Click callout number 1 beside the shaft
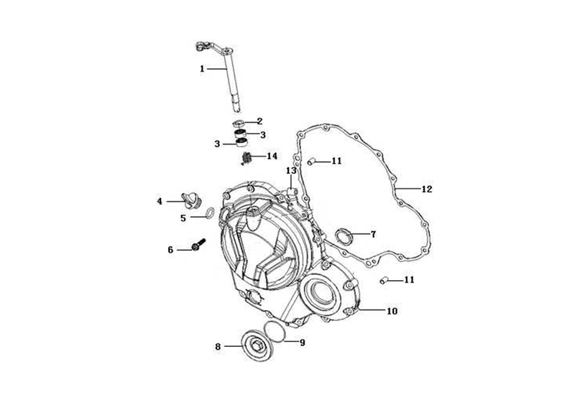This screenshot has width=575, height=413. tap(202, 68)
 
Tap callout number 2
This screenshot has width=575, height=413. tap(259, 121)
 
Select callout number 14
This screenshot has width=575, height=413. tap(272, 156)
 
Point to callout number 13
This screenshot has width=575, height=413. tap(291, 171)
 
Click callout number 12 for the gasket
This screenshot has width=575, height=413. tap(427, 189)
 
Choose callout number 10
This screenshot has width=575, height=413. tap(392, 311)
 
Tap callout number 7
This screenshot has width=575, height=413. tap(373, 234)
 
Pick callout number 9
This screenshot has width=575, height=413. tap(302, 343)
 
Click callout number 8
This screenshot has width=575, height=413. tap(218, 346)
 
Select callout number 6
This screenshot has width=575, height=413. tap(170, 250)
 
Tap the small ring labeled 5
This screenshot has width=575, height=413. tap(211, 212)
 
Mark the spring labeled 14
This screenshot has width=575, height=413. tap(247, 158)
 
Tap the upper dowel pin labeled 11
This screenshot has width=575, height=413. tap(311, 160)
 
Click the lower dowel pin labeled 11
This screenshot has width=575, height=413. tap(384, 281)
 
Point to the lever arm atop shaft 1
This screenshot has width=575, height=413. tap(213, 47)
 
